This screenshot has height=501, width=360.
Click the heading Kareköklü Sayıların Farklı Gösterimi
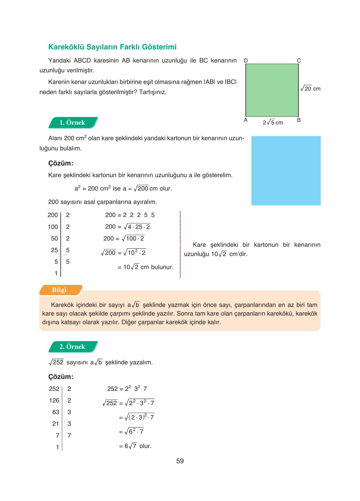[112, 47]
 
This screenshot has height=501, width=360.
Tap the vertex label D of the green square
[246, 61]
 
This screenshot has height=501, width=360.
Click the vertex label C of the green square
[299, 61]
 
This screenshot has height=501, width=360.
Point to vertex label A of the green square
[246, 120]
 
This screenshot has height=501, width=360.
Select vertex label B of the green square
[299, 120]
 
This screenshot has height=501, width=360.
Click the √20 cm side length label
[310, 89]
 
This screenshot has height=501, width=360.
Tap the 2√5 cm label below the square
[273, 123]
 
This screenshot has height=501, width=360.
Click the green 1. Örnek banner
[73, 123]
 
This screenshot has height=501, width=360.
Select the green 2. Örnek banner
[73, 347]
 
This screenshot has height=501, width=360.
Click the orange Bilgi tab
[60, 290]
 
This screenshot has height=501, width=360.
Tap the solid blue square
[286, 171]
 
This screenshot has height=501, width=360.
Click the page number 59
[180, 461]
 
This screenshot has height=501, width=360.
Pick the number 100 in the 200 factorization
[53, 227]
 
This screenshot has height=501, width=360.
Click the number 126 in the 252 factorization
[54, 401]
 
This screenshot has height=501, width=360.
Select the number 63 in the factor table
[56, 412]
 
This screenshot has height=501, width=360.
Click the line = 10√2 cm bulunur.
[145, 267]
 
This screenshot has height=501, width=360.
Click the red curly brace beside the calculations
[180, 244]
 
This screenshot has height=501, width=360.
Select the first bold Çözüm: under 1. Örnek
[61, 163]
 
